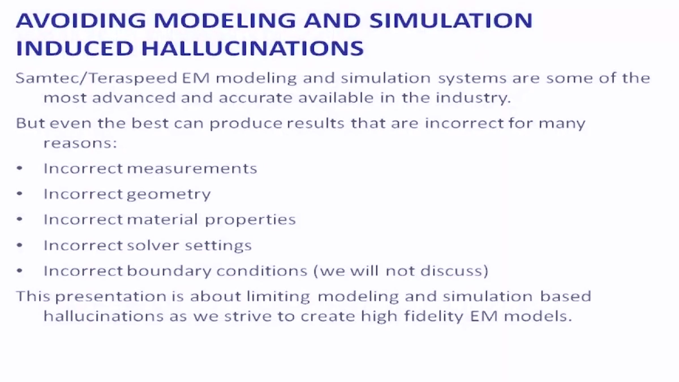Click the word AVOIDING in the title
(81, 20)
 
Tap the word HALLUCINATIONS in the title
(252, 48)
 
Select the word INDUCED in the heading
(75, 48)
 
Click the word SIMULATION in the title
(451, 20)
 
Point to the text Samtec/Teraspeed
(96, 78)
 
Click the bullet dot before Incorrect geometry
(20, 194)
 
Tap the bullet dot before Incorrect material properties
(20, 219)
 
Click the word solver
(153, 245)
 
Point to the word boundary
(169, 271)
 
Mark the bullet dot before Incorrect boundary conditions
(20, 271)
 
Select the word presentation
(111, 297)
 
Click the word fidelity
(434, 316)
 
